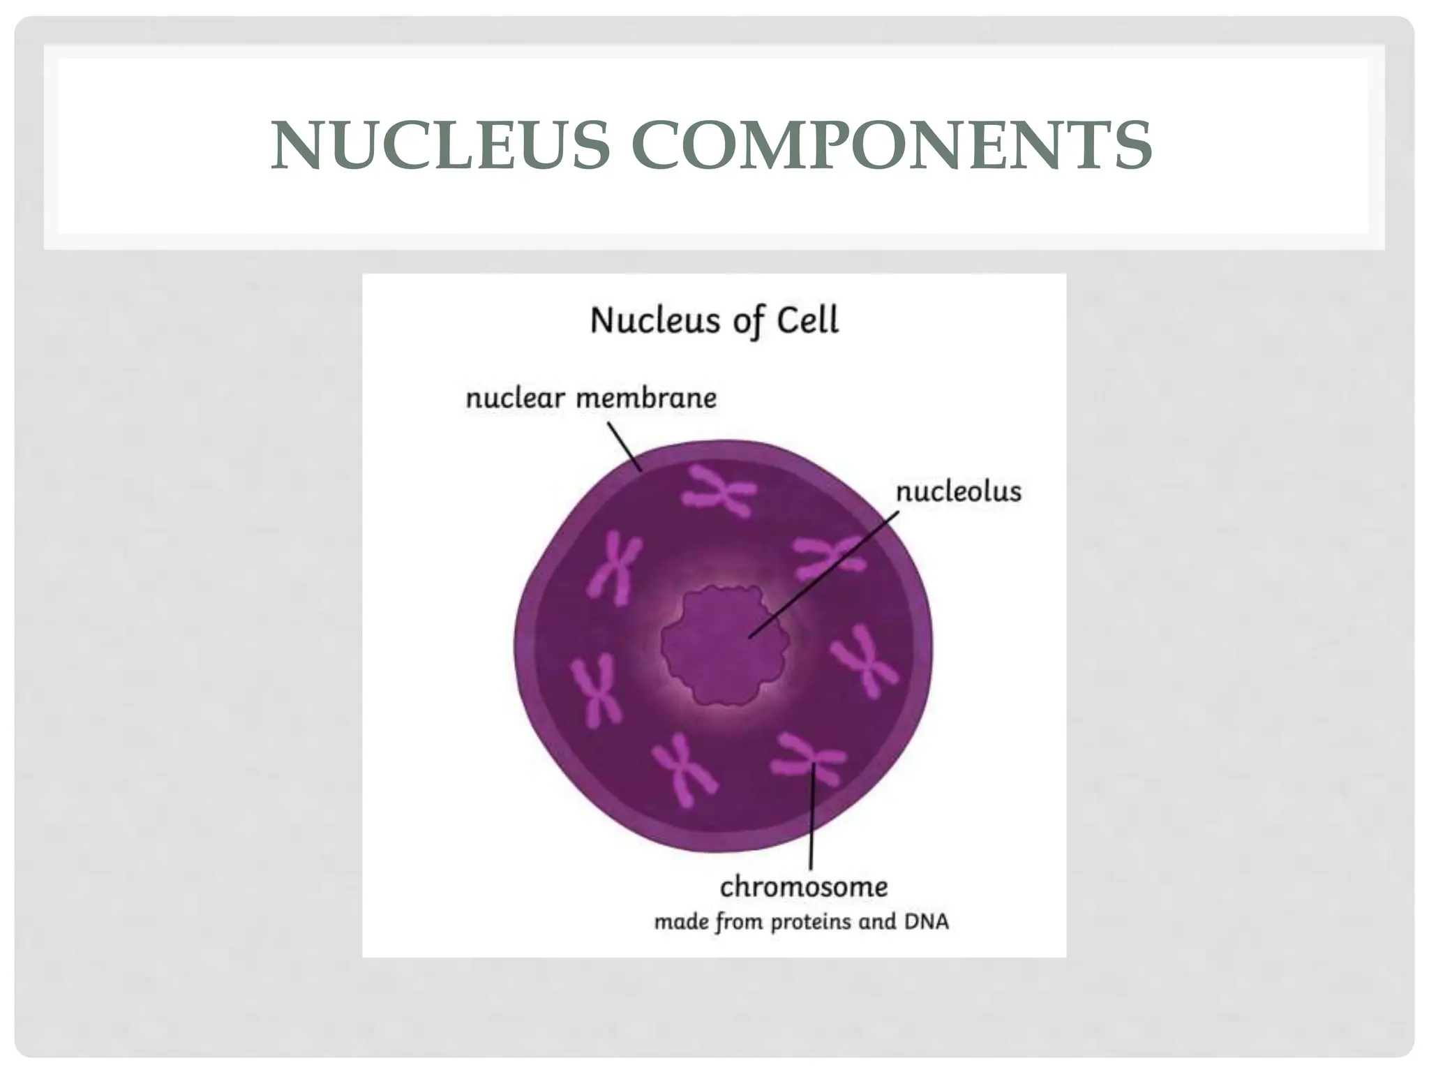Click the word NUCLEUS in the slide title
pos(440,146)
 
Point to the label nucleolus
pos(958,492)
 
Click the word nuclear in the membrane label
pos(515,399)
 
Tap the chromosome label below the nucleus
pos(804,887)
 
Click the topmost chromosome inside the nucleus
pos(719,491)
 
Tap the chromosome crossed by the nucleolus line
pos(828,559)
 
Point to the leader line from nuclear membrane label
pos(625,447)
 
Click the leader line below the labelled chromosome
pos(811,824)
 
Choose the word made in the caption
pos(680,922)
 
